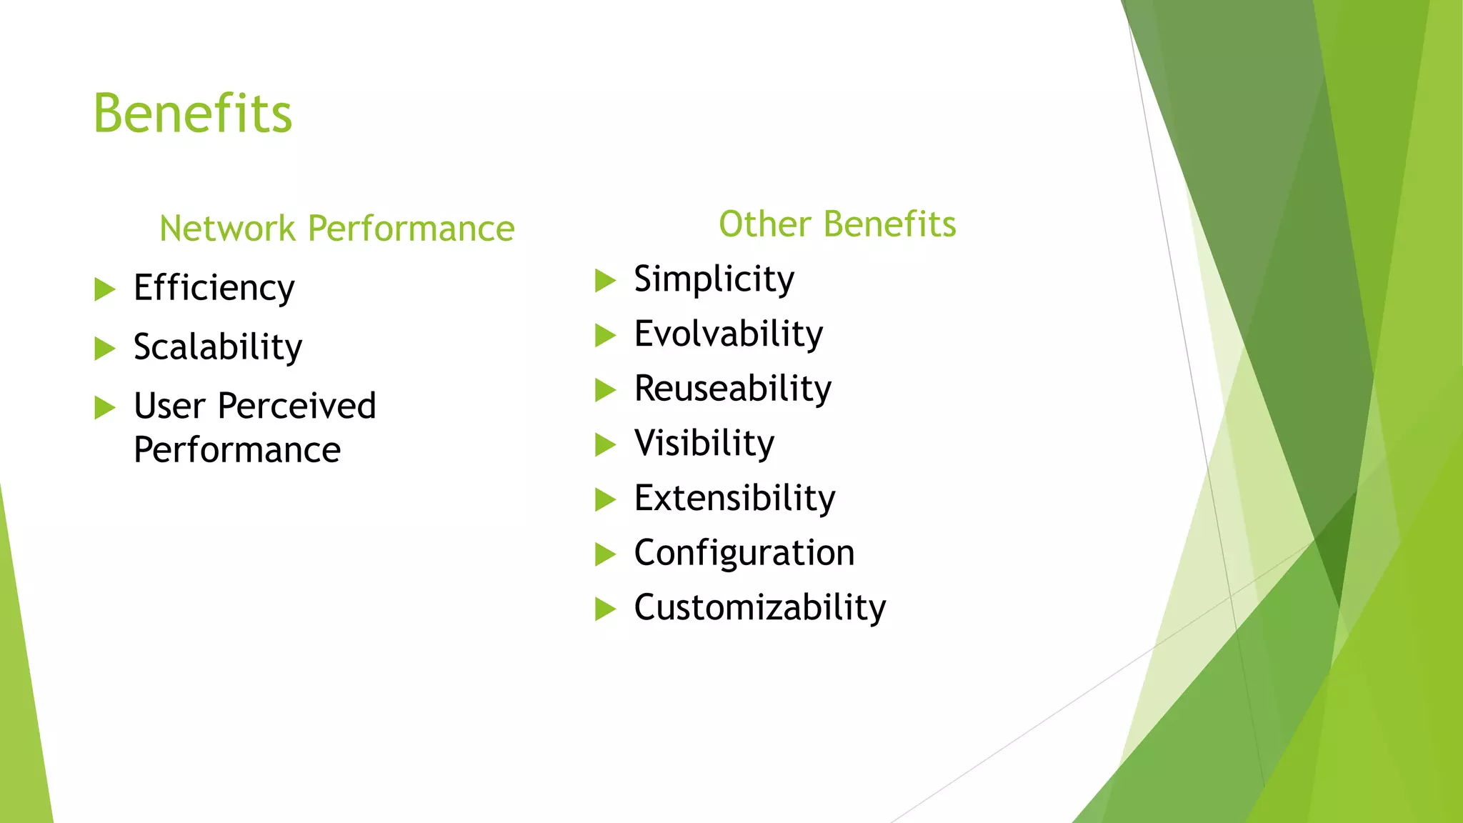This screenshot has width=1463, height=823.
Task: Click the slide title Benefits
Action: (x=193, y=114)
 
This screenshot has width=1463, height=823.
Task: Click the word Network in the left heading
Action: (x=227, y=229)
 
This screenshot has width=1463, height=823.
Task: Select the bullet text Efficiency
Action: (x=214, y=289)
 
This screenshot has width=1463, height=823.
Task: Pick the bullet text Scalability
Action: (x=218, y=348)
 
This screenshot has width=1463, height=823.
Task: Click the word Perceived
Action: (x=296, y=406)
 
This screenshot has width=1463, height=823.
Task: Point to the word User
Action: (x=169, y=406)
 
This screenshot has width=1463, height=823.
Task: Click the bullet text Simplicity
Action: (x=714, y=279)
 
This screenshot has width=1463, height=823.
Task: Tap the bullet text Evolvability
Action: (x=729, y=334)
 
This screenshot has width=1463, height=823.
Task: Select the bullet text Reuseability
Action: (x=733, y=389)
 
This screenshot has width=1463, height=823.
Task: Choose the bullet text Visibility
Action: (x=704, y=444)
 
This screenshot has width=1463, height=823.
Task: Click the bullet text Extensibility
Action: (x=734, y=499)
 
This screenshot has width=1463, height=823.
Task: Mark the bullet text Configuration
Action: (x=744, y=553)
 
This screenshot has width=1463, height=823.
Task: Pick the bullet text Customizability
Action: (x=760, y=608)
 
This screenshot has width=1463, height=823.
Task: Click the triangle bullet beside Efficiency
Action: (x=104, y=290)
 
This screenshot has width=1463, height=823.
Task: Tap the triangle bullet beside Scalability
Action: (x=104, y=349)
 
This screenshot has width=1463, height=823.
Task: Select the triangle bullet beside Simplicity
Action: (x=604, y=281)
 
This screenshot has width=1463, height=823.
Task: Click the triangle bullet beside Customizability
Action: (x=604, y=609)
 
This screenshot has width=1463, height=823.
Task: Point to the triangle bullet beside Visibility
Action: (x=604, y=445)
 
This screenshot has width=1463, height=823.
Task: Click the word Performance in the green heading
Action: (x=411, y=229)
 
